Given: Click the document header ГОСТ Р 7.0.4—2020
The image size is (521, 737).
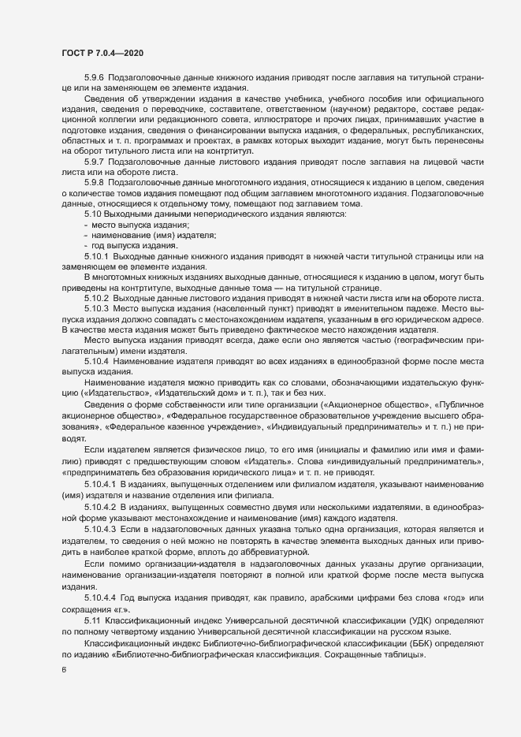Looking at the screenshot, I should [102, 51].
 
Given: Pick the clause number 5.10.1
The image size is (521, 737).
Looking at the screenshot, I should [97, 258].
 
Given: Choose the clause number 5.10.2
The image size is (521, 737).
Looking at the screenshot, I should [97, 299].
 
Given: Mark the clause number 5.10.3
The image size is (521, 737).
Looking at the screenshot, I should [97, 309].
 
